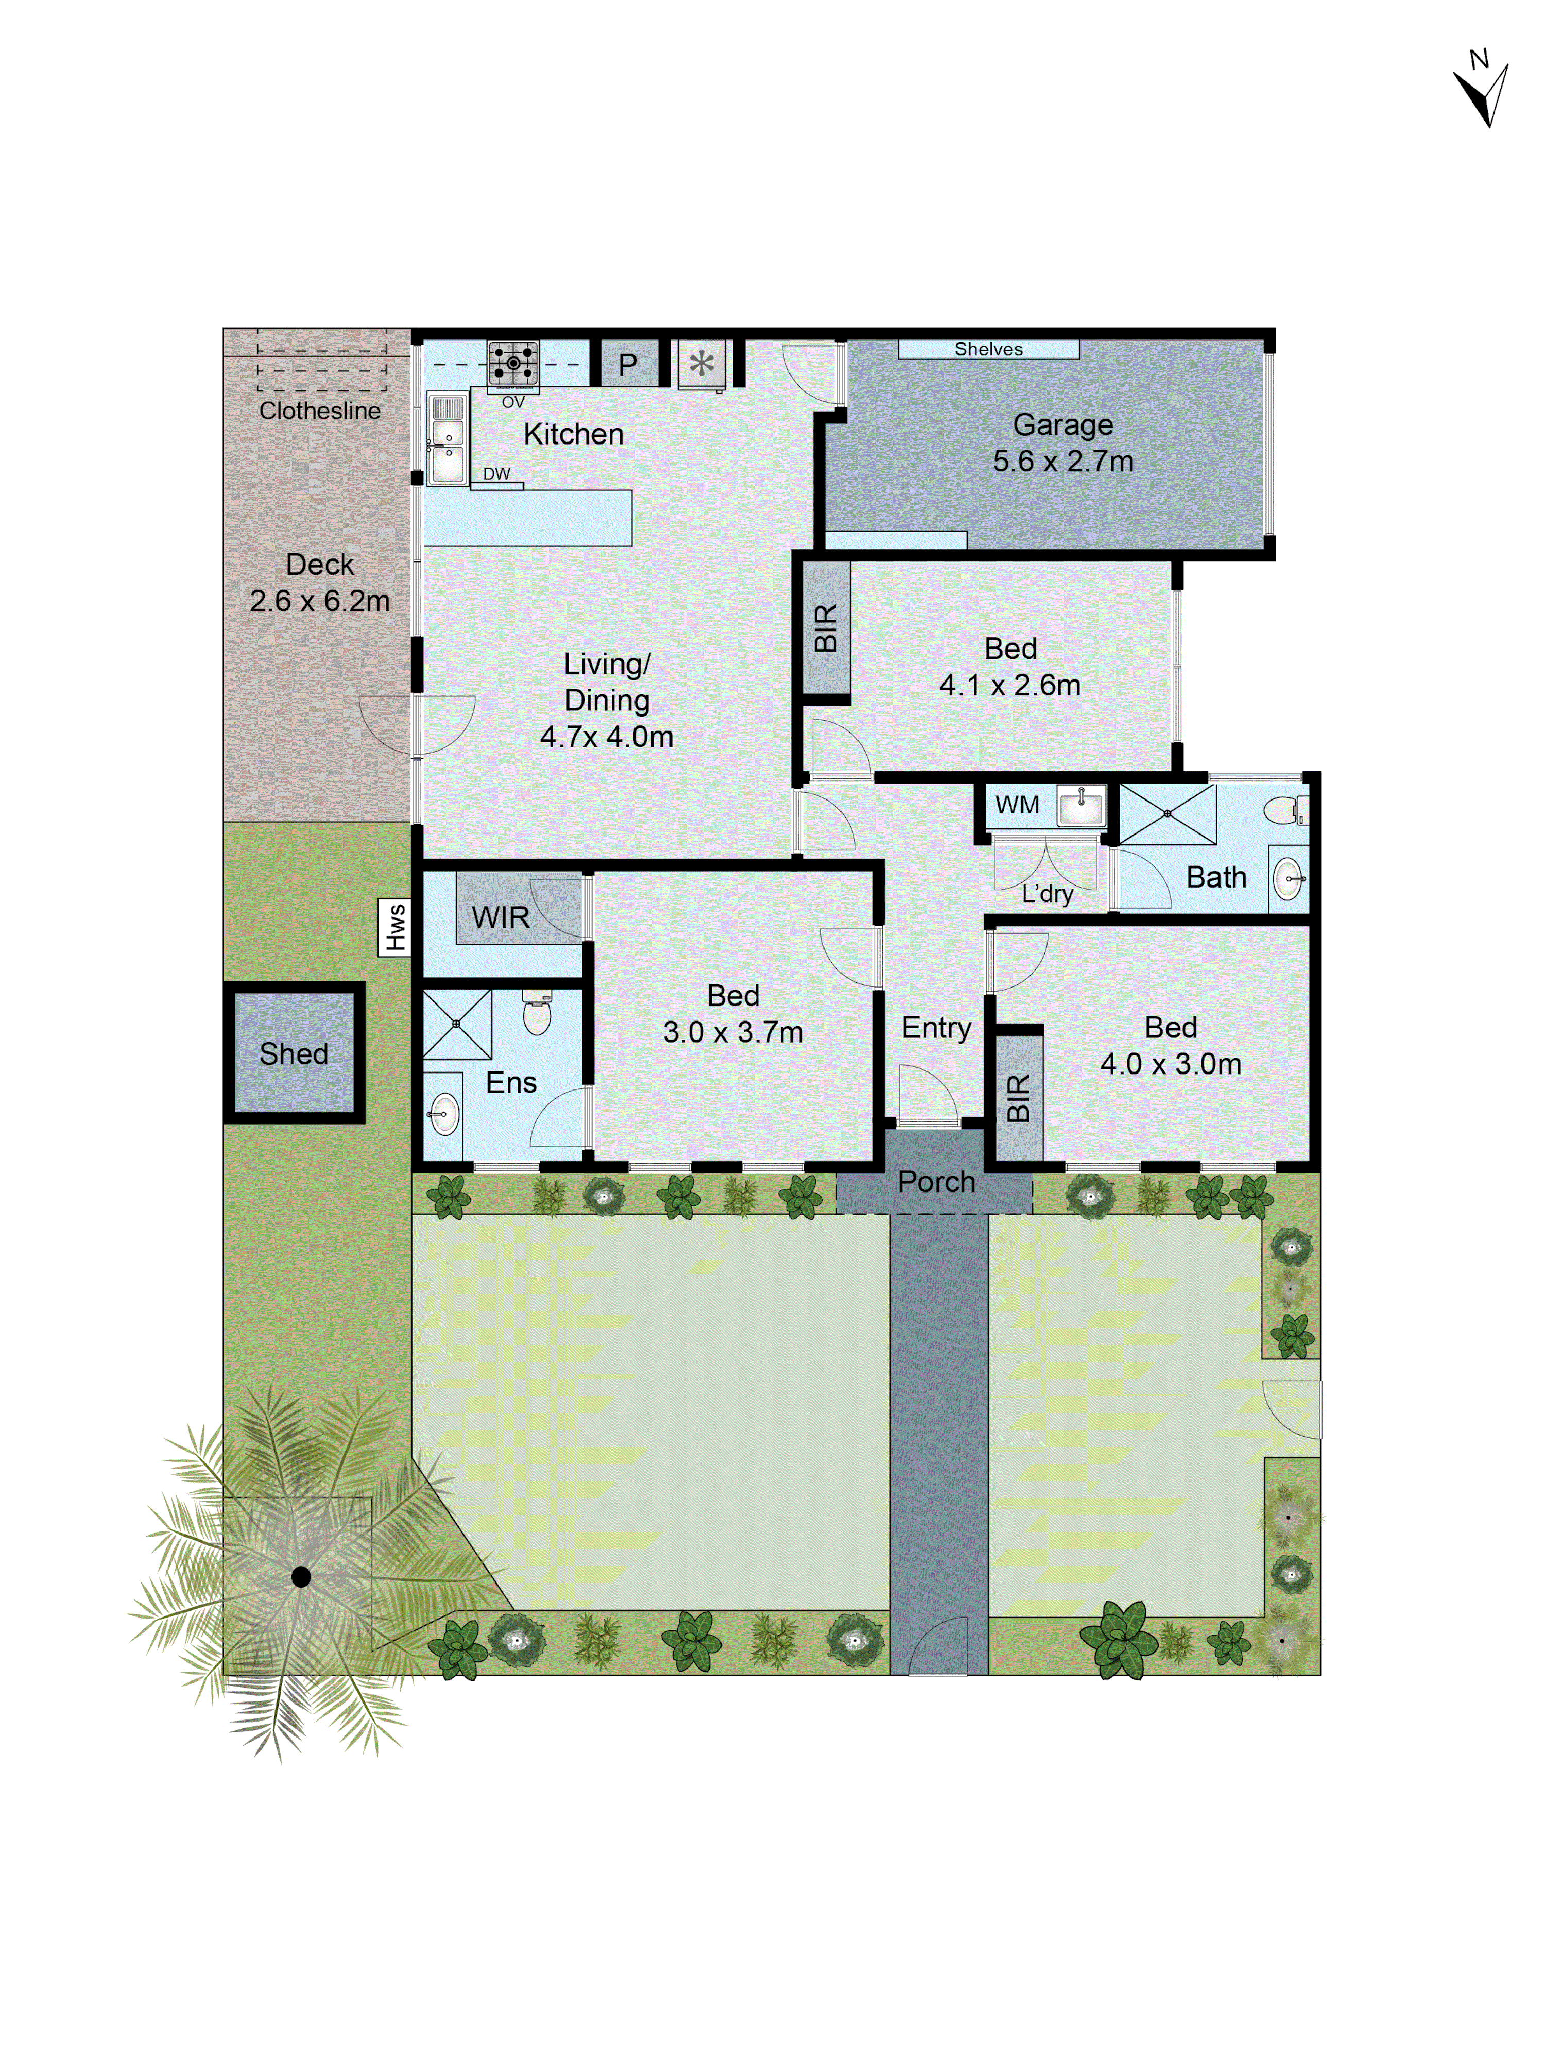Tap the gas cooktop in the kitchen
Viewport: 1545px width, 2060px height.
click(513, 363)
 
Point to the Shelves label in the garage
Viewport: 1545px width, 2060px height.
click(988, 349)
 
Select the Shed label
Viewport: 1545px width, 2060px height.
click(294, 1053)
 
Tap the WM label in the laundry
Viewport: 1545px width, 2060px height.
click(1017, 805)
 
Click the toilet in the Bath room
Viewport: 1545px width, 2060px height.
click(1285, 810)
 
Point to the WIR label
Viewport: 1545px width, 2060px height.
click(500, 917)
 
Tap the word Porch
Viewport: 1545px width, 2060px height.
click(936, 1182)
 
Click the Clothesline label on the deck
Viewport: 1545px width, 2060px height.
click(319, 411)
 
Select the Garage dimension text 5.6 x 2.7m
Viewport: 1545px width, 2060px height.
click(1062, 461)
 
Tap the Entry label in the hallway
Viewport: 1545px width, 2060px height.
click(936, 1027)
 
